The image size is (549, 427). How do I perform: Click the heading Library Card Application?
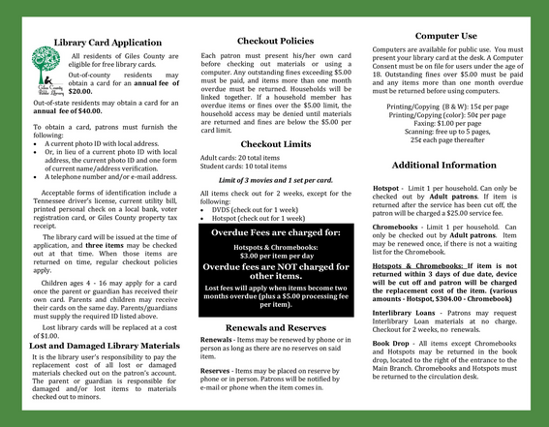point(107,43)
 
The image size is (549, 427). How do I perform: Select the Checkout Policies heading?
point(275,42)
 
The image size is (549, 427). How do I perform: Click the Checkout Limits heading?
point(275,143)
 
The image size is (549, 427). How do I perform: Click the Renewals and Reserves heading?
point(274,328)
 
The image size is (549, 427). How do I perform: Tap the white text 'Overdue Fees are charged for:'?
point(276,233)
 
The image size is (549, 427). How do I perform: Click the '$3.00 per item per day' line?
point(276,255)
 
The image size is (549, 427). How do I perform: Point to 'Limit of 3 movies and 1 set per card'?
point(276,180)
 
